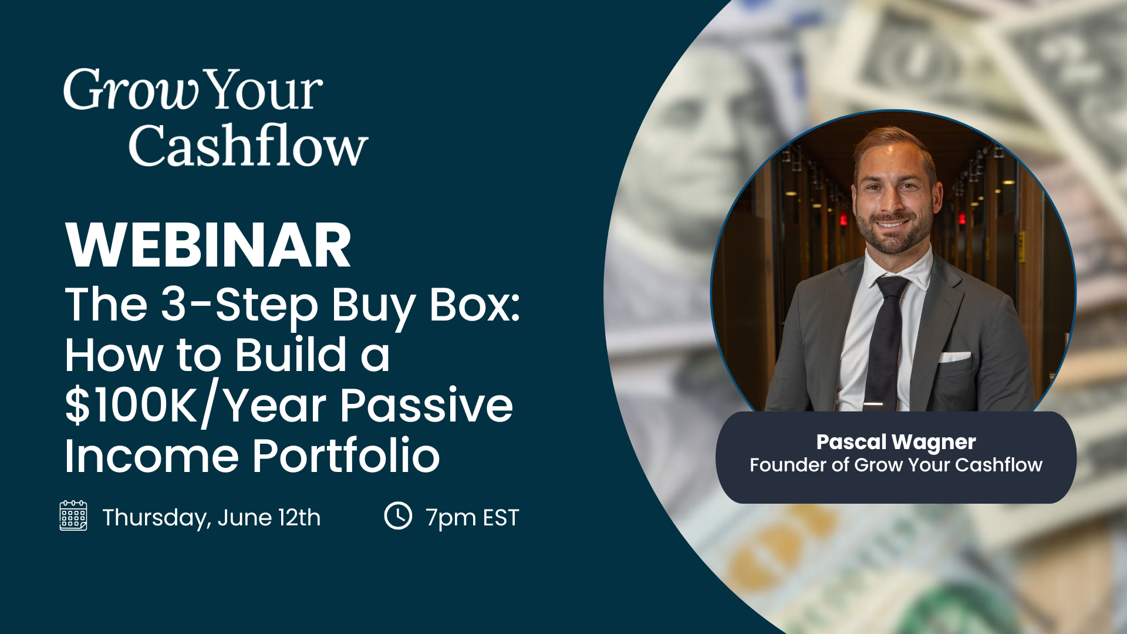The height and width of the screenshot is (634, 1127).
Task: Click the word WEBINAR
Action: tap(208, 245)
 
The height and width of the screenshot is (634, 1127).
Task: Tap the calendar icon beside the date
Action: tap(73, 515)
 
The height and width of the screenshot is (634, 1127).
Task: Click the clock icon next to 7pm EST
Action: tap(398, 515)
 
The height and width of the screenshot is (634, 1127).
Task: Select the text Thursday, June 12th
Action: tap(211, 518)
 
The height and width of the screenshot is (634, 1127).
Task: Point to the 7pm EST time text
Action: tap(473, 518)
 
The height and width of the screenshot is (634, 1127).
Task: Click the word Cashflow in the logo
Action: tap(248, 146)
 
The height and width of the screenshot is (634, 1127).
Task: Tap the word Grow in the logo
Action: tap(130, 91)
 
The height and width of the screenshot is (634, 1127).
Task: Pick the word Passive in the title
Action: tap(426, 406)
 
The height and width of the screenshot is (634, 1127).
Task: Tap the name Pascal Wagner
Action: tap(896, 441)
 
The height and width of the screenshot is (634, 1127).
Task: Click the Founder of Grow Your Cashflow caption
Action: tap(896, 465)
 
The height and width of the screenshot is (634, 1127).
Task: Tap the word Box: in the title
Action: tap(474, 305)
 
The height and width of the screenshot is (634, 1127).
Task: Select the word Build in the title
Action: tap(291, 355)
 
